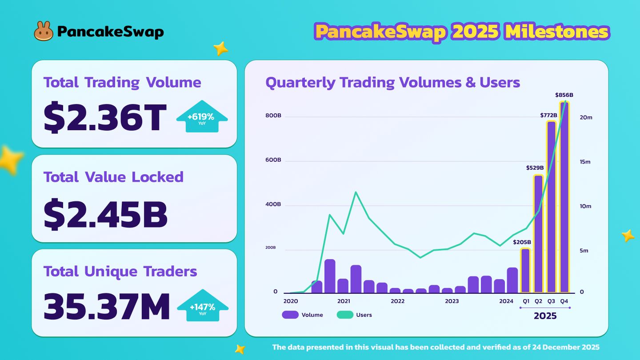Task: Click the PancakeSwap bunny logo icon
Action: (x=44, y=31)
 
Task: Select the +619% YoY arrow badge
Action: (x=202, y=118)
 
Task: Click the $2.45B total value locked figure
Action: (x=106, y=215)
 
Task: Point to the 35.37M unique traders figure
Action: (x=107, y=307)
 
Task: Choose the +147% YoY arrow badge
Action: (x=203, y=307)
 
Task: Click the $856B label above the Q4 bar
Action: (x=564, y=95)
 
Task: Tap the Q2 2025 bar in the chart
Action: (x=538, y=233)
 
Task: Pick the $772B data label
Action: (x=548, y=115)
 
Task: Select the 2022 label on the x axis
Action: (x=397, y=301)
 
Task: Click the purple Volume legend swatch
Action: (x=290, y=315)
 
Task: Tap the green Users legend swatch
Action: (x=344, y=315)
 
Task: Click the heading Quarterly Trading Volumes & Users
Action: (x=392, y=82)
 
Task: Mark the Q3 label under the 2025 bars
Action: (x=551, y=301)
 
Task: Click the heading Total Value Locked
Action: (x=113, y=177)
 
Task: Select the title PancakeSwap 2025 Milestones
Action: (x=462, y=32)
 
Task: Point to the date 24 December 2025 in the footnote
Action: (x=561, y=347)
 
